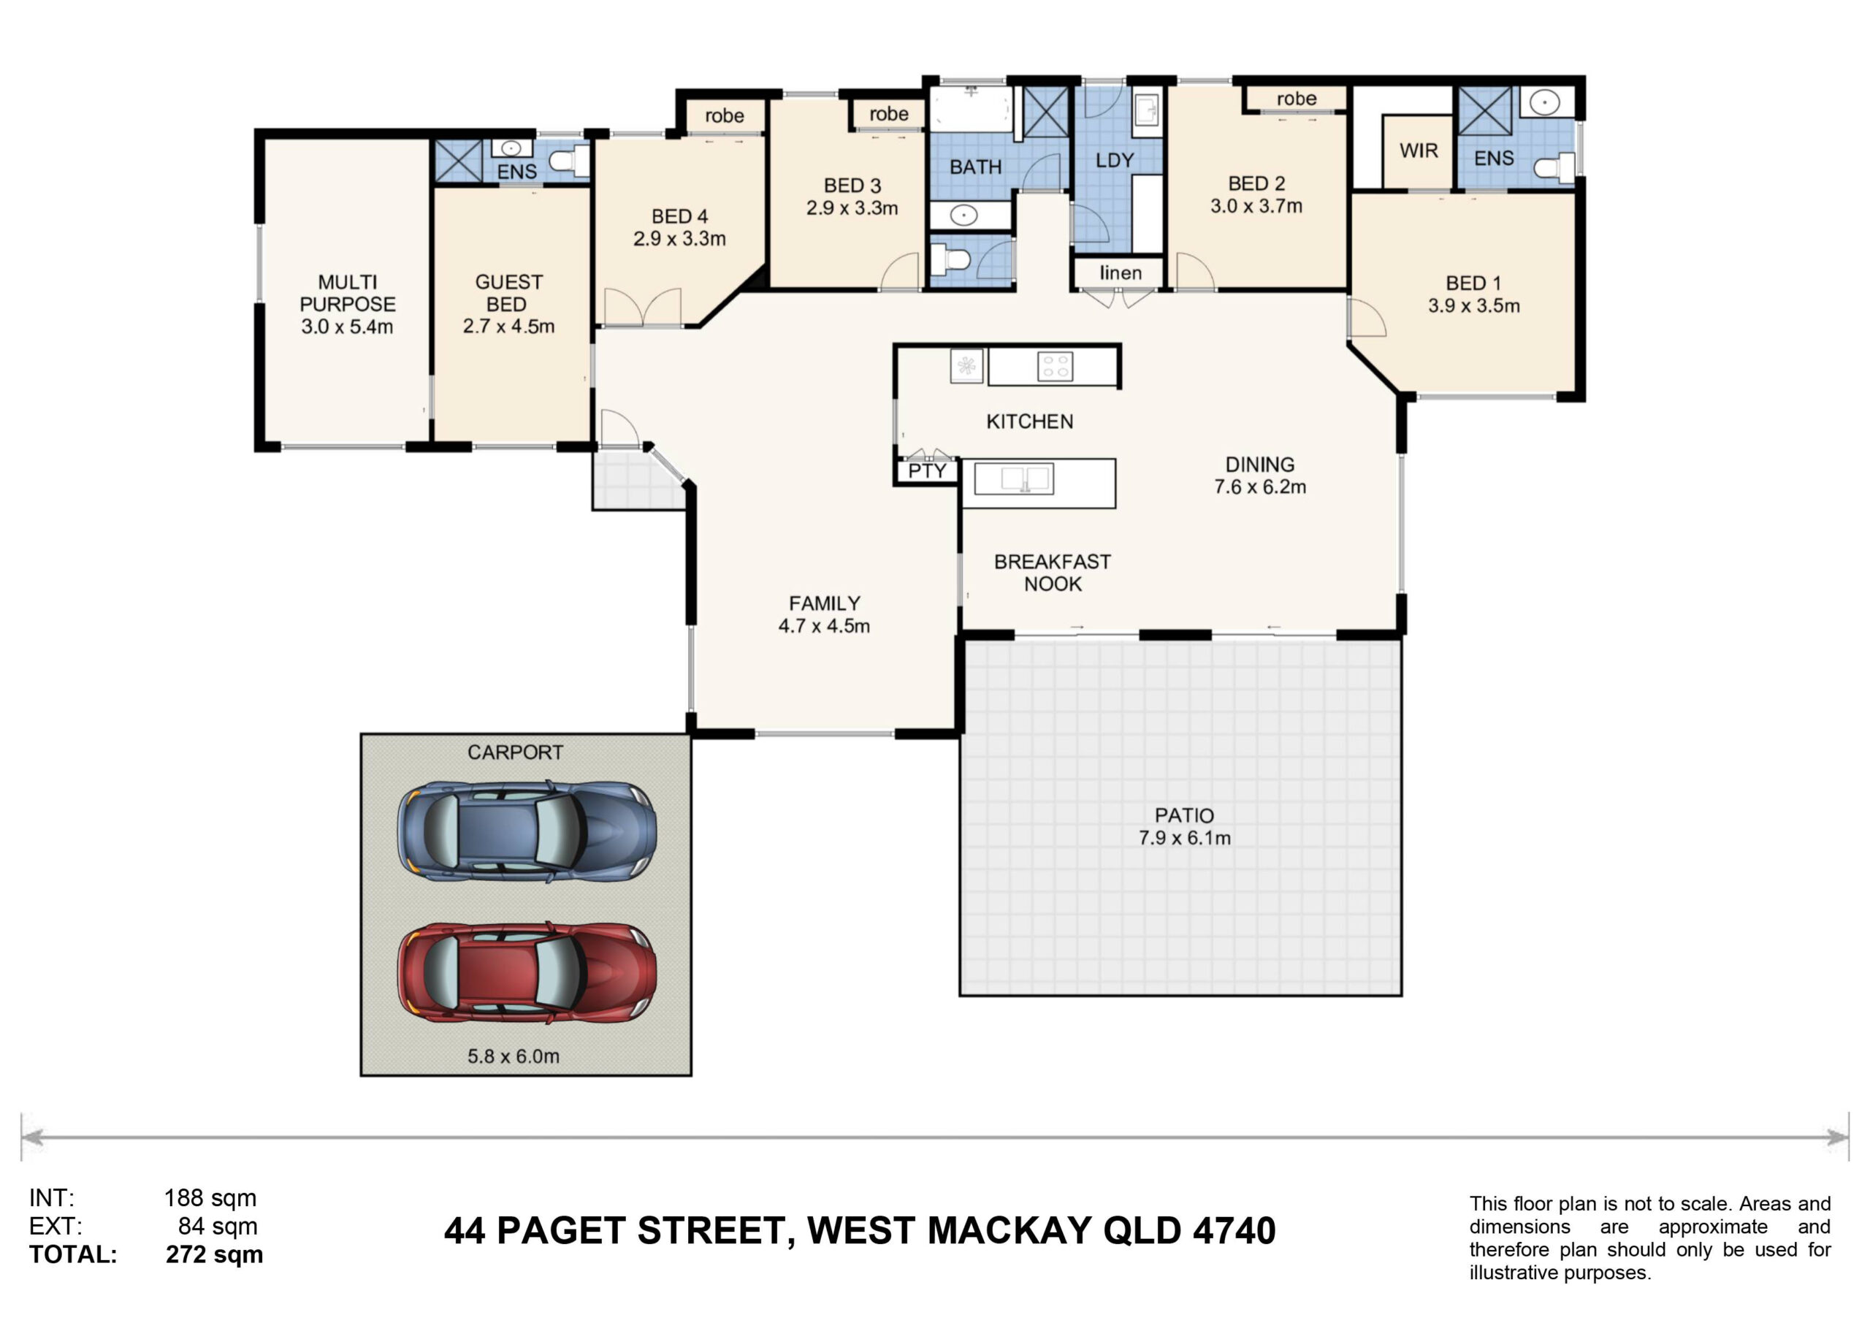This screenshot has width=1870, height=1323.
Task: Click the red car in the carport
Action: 527,972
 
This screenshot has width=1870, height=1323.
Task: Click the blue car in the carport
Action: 527,832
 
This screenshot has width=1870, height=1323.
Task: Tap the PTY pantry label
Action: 927,471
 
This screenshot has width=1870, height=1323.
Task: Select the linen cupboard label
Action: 1121,273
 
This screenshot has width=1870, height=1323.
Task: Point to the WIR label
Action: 1419,150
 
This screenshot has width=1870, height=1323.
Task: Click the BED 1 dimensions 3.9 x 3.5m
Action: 1474,306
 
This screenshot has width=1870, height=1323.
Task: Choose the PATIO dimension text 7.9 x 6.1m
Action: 1184,838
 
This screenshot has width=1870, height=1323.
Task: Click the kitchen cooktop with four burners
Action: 1056,367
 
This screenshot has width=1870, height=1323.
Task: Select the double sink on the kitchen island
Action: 1014,479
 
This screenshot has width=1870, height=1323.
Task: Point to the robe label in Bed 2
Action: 1297,99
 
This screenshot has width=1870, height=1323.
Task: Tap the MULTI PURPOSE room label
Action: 348,293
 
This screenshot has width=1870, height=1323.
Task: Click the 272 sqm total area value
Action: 214,1254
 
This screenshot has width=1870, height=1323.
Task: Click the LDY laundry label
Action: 1115,161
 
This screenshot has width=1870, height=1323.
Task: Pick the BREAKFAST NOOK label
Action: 1053,573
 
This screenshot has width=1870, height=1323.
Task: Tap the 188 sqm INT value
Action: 210,1197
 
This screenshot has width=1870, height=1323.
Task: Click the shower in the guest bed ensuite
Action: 459,161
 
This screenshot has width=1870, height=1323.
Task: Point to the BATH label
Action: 976,167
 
